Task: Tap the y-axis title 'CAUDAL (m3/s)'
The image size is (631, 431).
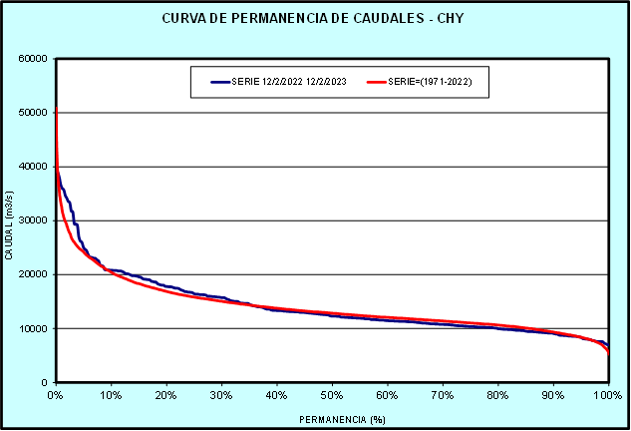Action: [9, 220]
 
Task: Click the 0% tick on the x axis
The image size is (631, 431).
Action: [56, 395]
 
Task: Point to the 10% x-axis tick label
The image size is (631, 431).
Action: [112, 395]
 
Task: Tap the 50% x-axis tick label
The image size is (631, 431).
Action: [332, 395]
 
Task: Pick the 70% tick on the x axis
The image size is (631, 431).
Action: [443, 395]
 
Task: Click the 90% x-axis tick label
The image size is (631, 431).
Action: [553, 395]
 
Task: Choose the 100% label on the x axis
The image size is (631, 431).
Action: [608, 395]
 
